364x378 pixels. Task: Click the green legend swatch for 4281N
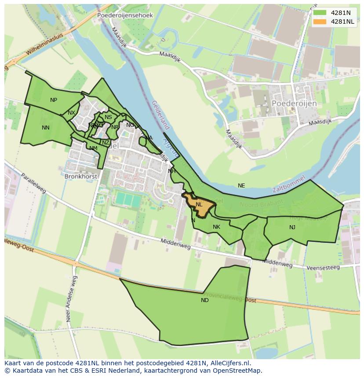click(x=320, y=13)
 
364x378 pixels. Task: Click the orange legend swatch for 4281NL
click(x=320, y=22)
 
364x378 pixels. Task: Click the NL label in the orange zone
click(x=199, y=205)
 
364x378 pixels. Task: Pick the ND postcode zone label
click(x=205, y=300)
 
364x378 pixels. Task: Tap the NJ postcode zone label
click(x=292, y=227)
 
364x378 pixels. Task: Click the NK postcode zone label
click(x=216, y=227)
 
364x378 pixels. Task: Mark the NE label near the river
click(x=241, y=186)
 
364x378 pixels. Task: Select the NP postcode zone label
click(x=54, y=100)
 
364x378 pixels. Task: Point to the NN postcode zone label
click(x=46, y=128)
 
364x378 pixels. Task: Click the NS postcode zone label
click(x=108, y=117)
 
